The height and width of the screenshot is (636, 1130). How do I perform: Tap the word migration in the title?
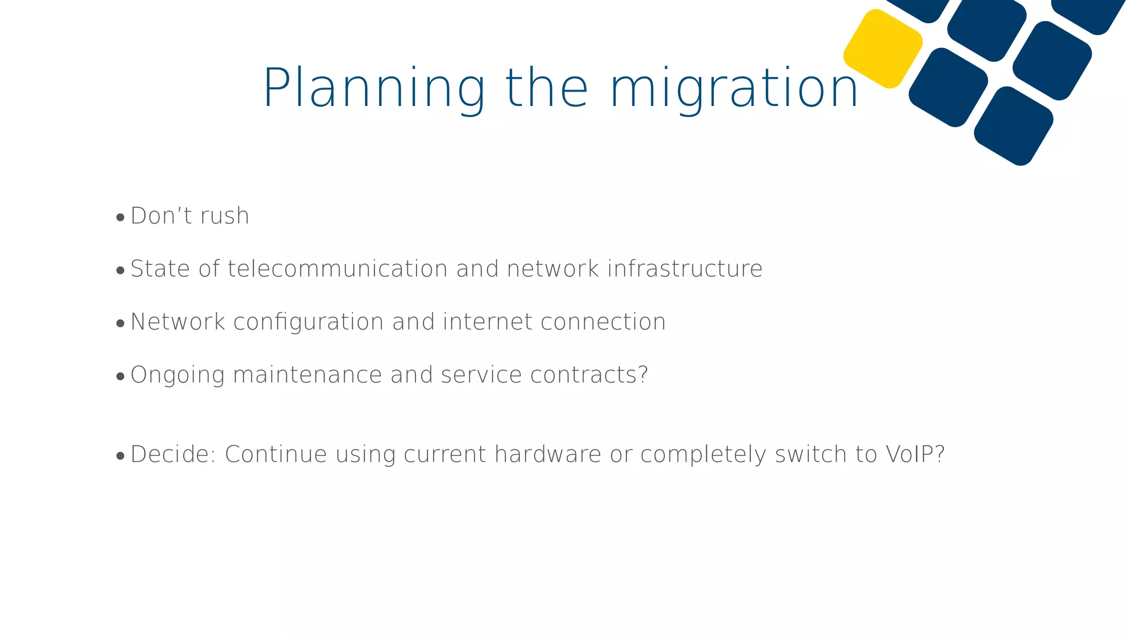tap(734, 88)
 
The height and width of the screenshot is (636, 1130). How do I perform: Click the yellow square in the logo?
tap(883, 49)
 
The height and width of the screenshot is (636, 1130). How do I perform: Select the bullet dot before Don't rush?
tap(120, 218)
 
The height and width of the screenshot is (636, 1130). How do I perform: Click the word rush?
tap(225, 216)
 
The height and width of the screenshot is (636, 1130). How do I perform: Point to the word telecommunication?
tap(337, 269)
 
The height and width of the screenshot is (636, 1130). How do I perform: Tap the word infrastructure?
tap(685, 269)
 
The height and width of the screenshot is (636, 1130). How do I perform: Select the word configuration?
tap(308, 322)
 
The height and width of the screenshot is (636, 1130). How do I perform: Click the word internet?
tap(488, 322)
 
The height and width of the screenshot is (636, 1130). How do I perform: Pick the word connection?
tap(603, 322)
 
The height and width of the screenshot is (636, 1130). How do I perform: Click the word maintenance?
tap(307, 375)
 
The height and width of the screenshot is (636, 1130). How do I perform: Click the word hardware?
tap(547, 454)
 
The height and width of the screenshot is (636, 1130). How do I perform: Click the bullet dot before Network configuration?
tap(120, 324)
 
